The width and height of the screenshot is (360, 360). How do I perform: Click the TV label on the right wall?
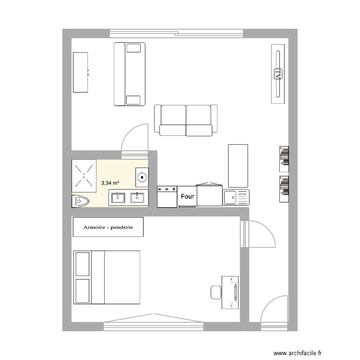coord(277,74)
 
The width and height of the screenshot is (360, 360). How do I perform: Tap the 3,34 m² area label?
coord(110,183)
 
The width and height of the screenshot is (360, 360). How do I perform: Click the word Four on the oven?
coord(187,196)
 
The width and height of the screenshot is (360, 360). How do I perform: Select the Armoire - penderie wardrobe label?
coord(108,227)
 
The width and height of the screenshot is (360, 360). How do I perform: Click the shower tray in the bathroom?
coord(84,175)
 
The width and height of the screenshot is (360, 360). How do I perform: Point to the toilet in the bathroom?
coord(80,201)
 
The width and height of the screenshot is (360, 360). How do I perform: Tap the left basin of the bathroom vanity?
coord(118,197)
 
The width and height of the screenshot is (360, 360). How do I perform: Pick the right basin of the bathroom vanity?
coord(138,197)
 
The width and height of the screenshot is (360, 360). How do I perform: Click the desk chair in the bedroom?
coord(216,291)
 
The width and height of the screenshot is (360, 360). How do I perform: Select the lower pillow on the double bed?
coord(83,290)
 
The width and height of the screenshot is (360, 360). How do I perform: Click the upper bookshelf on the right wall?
coord(284,158)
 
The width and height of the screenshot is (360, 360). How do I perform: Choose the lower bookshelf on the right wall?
coord(284,186)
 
